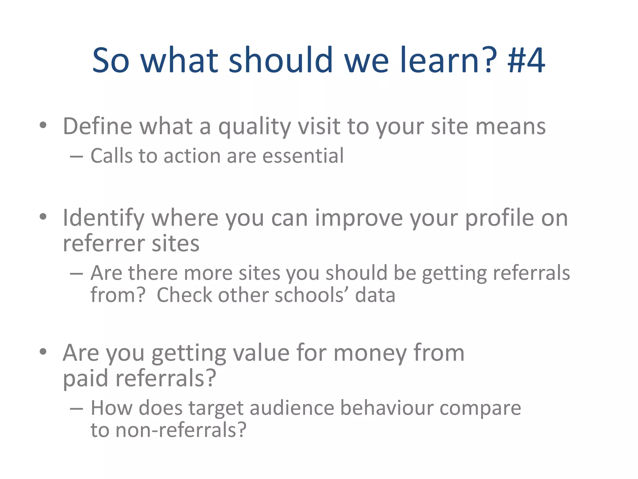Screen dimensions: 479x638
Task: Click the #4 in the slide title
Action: pyautogui.click(x=526, y=60)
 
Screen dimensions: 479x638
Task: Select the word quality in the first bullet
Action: pyautogui.click(x=254, y=127)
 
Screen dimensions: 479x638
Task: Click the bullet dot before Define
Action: pyautogui.click(x=43, y=125)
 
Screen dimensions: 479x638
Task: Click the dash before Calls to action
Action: pyautogui.click(x=76, y=156)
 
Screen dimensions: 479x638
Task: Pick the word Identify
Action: pyautogui.click(x=103, y=218)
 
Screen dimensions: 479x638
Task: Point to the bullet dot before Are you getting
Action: pyautogui.click(x=43, y=352)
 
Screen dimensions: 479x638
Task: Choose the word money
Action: pyautogui.click(x=370, y=353)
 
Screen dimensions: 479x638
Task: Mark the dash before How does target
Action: pyautogui.click(x=76, y=409)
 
